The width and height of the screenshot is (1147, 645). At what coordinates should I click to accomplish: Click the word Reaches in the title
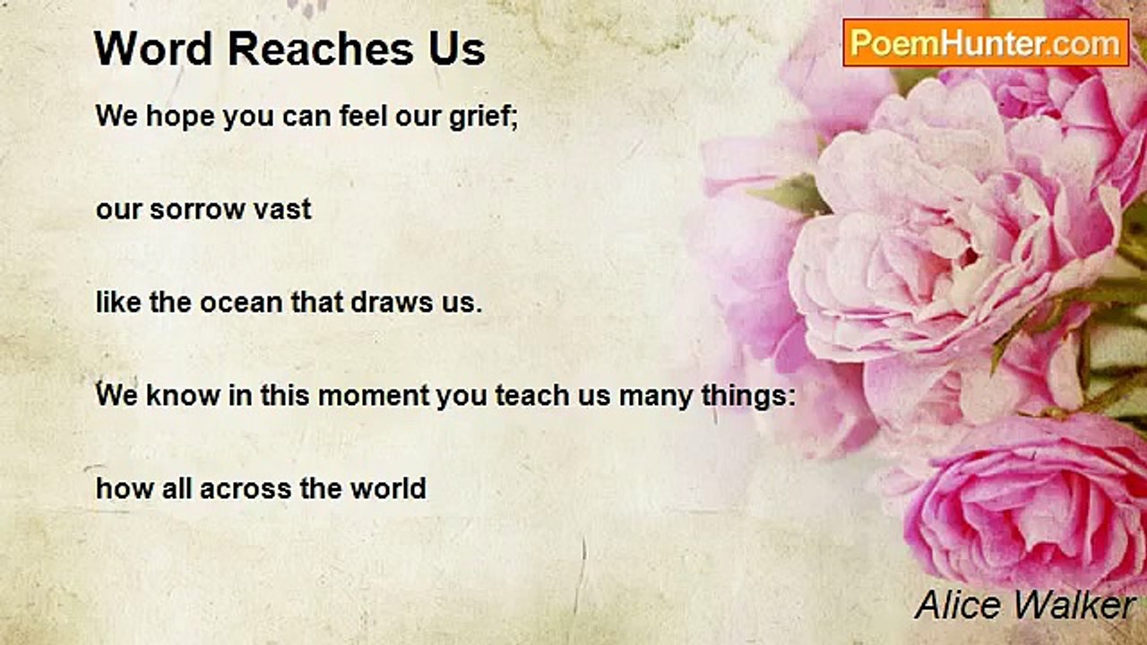(322, 49)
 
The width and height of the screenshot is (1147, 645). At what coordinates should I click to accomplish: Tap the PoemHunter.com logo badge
(986, 43)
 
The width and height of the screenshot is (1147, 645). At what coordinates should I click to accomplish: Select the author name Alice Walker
(1023, 605)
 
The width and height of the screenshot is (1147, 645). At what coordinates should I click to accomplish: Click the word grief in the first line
(479, 116)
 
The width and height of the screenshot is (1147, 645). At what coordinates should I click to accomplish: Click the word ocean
(242, 303)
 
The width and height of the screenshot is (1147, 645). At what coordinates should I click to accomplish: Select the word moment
(374, 396)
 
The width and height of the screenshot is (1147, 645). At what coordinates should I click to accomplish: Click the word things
(745, 396)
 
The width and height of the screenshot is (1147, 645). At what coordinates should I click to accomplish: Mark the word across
(246, 489)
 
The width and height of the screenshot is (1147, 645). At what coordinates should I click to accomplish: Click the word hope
(180, 116)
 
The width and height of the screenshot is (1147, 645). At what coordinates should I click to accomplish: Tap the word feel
(363, 116)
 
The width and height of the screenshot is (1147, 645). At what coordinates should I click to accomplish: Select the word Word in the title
(153, 49)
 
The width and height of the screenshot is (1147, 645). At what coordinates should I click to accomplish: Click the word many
(656, 397)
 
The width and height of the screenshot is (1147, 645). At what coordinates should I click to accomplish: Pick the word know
(183, 395)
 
